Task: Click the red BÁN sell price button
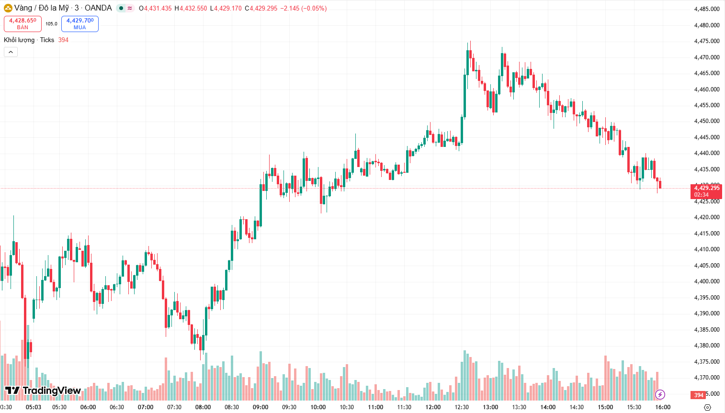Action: [x=23, y=23]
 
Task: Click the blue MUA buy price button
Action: [x=79, y=23]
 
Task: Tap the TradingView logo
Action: [x=43, y=391]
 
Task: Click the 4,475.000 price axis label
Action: [x=706, y=41]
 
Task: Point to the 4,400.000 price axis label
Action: [x=706, y=281]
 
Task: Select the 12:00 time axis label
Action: [x=433, y=407]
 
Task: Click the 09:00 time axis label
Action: [x=261, y=407]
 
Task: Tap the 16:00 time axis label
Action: [x=663, y=407]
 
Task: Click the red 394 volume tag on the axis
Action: [x=699, y=395]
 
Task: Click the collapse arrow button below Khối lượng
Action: [x=11, y=52]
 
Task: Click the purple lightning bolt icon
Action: [x=660, y=394]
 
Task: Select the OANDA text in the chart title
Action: [x=98, y=8]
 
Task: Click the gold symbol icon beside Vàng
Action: [x=8, y=8]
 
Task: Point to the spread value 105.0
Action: [x=51, y=23]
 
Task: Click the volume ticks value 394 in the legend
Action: [x=63, y=40]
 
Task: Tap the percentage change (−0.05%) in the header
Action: [x=314, y=8]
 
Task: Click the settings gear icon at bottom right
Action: [x=707, y=407]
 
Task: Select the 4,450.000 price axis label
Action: [x=706, y=121]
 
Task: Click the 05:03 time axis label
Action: [x=34, y=407]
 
